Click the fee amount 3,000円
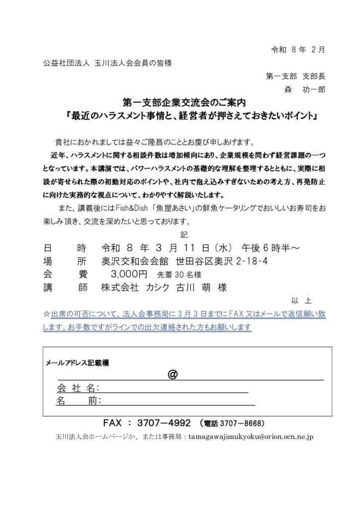[x=129, y=274]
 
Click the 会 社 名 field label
[x=79, y=388]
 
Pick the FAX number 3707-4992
[x=162, y=423]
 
